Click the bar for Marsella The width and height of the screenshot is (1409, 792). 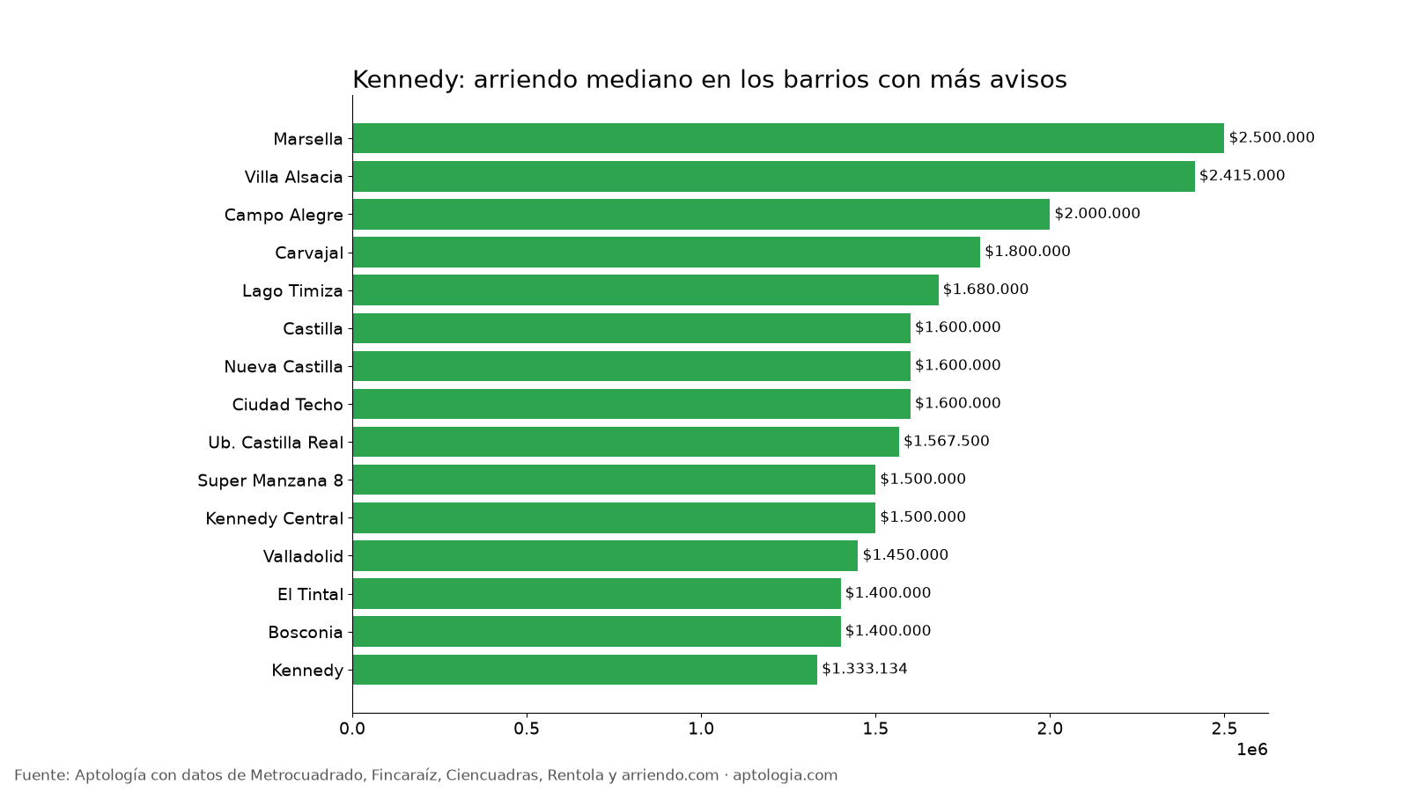tap(788, 138)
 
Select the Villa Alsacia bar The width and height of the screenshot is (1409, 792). tap(774, 176)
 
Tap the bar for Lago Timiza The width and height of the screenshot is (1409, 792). tap(645, 290)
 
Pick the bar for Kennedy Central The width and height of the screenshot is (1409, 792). tap(614, 517)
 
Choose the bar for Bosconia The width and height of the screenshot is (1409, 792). tap(597, 631)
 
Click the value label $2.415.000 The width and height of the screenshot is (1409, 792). tap(1242, 175)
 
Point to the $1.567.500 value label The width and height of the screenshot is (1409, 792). tap(946, 441)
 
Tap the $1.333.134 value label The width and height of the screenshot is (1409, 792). tap(864, 668)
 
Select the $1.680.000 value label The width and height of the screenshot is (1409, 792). tap(985, 290)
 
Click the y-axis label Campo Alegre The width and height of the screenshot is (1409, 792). tap(284, 215)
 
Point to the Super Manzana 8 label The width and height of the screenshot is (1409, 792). tap(270, 480)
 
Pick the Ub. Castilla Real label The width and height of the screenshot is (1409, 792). tap(276, 443)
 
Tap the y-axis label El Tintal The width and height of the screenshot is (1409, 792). tap(310, 594)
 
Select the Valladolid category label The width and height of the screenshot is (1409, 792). tap(303, 556)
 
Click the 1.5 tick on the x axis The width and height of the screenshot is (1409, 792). tap(875, 729)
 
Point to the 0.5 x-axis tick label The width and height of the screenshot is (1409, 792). tap(527, 729)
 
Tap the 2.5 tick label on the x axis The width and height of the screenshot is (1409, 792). tap(1223, 729)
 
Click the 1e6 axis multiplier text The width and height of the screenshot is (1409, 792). tap(1251, 750)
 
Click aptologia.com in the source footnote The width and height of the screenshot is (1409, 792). tap(785, 775)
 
